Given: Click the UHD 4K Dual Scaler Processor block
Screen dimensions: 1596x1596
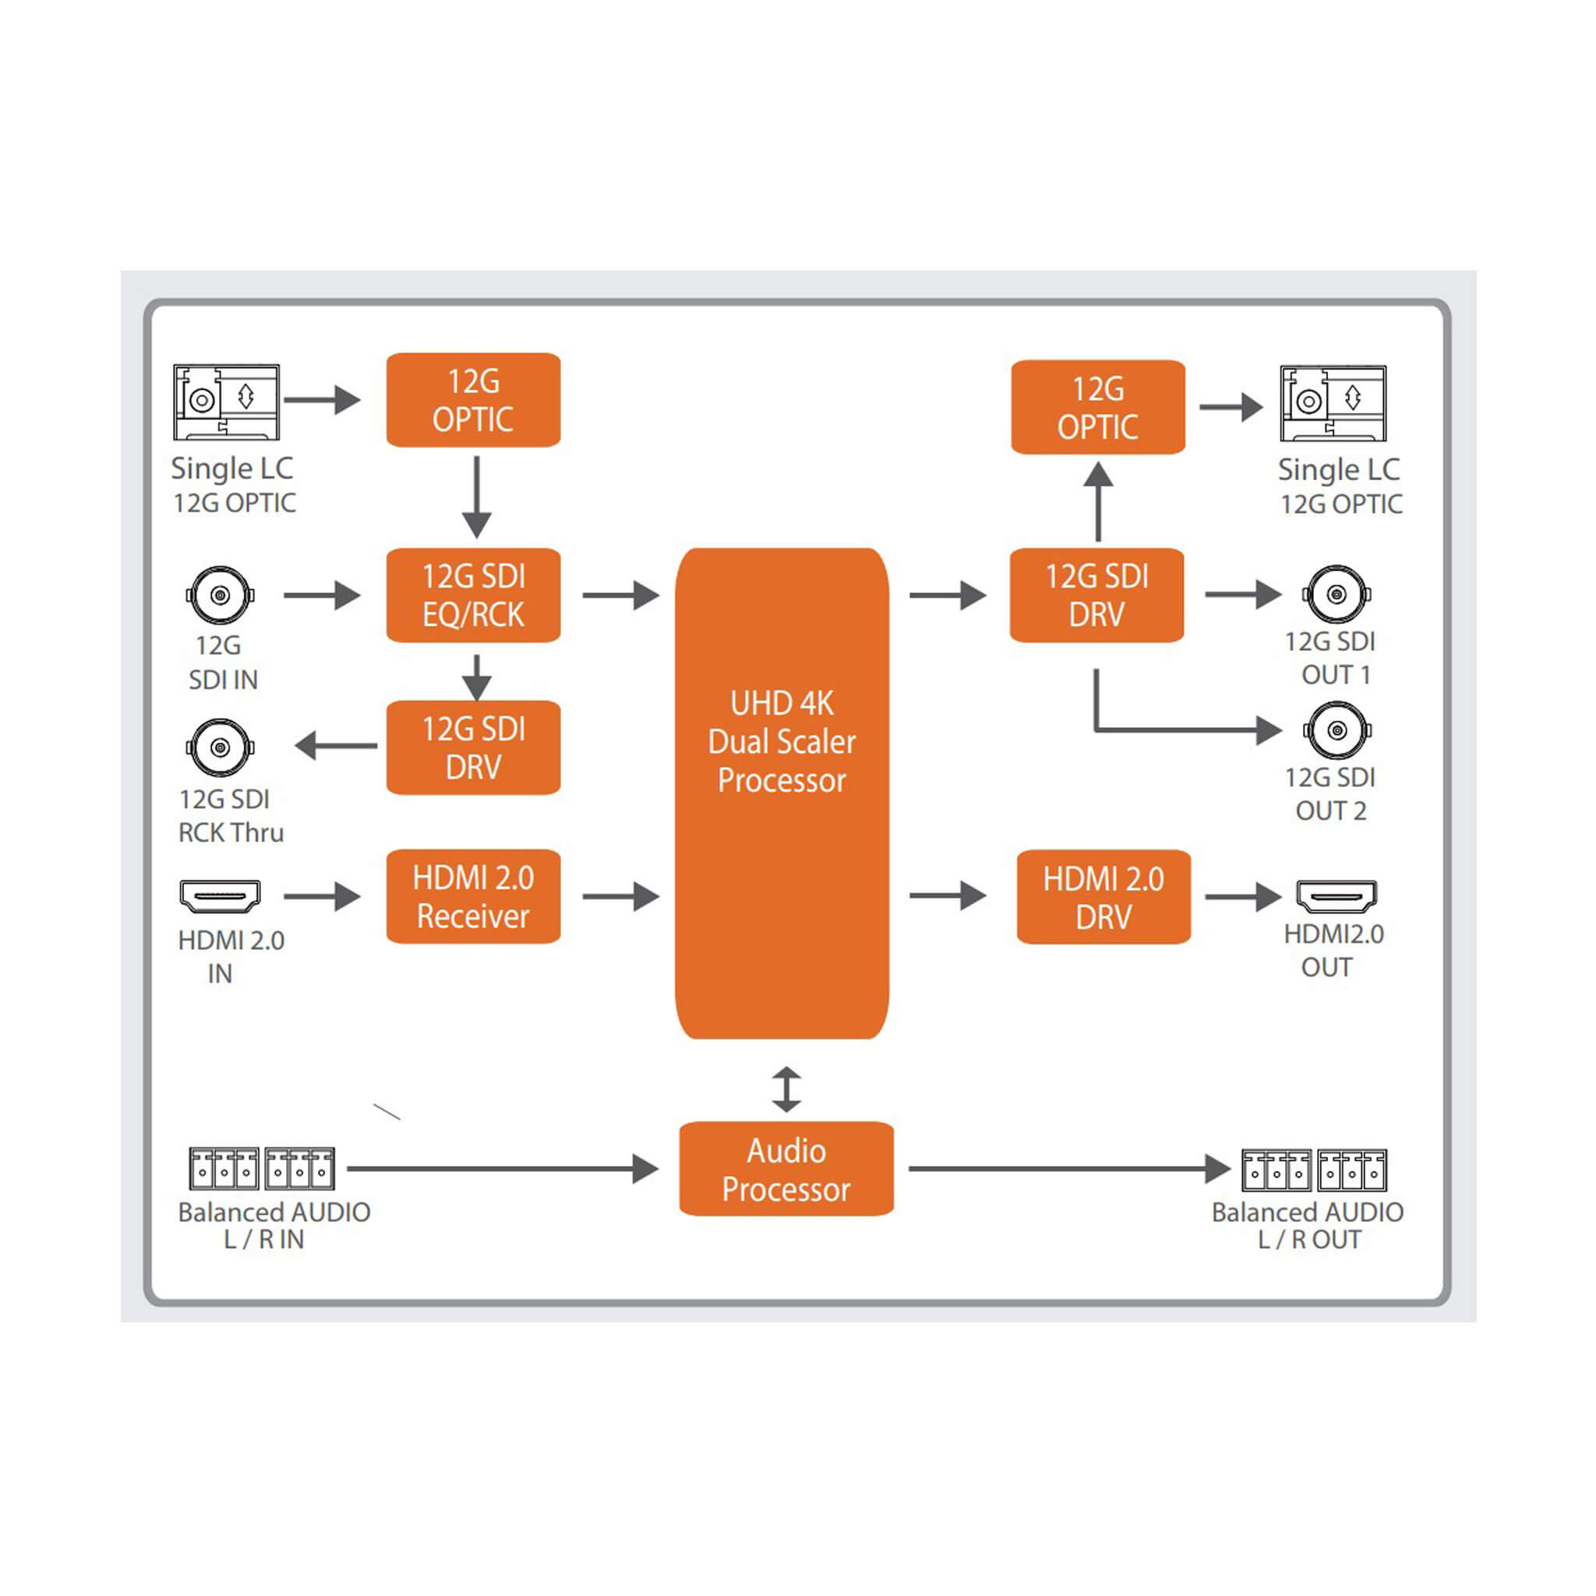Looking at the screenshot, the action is pyautogui.click(x=782, y=793).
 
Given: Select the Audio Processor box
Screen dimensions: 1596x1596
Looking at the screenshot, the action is pyautogui.click(x=786, y=1169).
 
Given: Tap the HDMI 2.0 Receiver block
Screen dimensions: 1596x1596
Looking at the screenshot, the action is pyautogui.click(x=473, y=896).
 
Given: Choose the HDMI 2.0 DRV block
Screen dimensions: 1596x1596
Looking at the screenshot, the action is pyautogui.click(x=1103, y=897).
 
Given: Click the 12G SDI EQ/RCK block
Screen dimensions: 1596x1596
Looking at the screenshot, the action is pyautogui.click(x=473, y=595).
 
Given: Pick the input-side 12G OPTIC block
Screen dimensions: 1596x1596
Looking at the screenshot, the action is pyautogui.click(x=473, y=400).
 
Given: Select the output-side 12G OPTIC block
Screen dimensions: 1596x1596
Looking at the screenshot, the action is pyautogui.click(x=1098, y=407).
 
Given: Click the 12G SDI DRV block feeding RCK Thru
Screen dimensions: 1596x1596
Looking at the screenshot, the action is pyautogui.click(x=473, y=747).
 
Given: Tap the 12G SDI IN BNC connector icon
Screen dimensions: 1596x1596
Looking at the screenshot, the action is pyautogui.click(x=220, y=595).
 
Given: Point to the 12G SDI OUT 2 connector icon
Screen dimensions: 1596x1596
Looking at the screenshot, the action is pyautogui.click(x=1337, y=730).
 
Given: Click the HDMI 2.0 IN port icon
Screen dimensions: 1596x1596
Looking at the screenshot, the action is pyautogui.click(x=220, y=896).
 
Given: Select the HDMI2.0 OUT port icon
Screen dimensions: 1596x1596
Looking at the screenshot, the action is pyautogui.click(x=1336, y=896).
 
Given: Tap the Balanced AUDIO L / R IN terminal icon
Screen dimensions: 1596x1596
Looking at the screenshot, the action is pyautogui.click(x=262, y=1169).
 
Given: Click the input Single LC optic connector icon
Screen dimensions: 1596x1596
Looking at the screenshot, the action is pyautogui.click(x=226, y=402).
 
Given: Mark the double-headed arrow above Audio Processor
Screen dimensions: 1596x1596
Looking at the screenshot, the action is pyautogui.click(x=786, y=1089).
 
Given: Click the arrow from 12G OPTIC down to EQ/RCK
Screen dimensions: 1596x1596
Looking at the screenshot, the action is pyautogui.click(x=477, y=497).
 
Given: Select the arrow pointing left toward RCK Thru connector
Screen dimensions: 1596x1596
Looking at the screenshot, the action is pyautogui.click(x=336, y=746).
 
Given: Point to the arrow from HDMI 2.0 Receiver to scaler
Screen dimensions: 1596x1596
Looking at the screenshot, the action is pyautogui.click(x=621, y=896).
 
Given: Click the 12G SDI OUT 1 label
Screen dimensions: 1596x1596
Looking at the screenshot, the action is pyautogui.click(x=1330, y=659).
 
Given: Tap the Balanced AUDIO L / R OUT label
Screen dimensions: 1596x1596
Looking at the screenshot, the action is pyautogui.click(x=1308, y=1226).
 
